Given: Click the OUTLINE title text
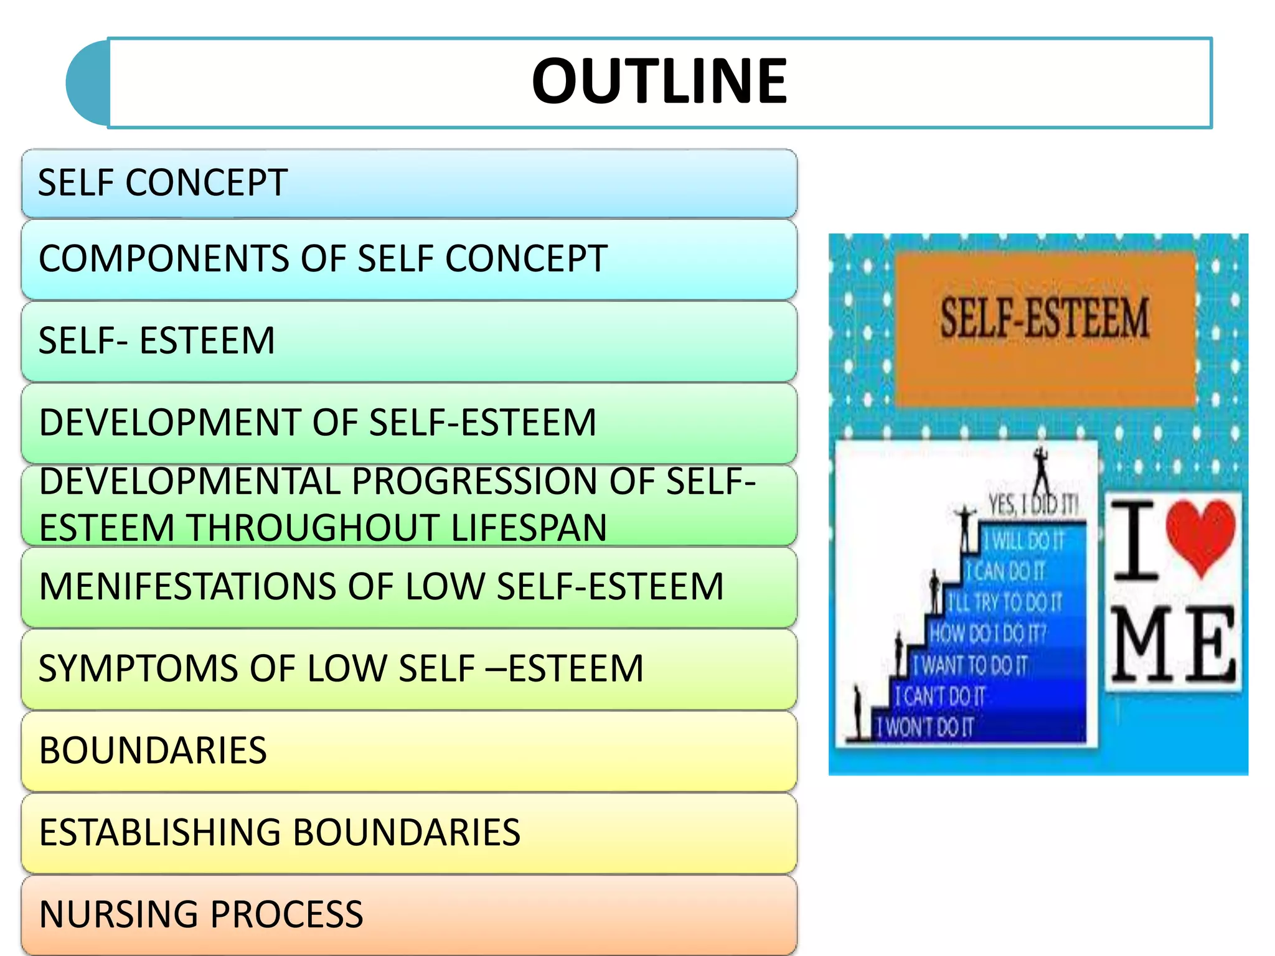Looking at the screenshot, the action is [659, 81].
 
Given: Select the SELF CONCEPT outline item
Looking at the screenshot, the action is [162, 183].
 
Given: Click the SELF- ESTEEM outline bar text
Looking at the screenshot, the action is [156, 341].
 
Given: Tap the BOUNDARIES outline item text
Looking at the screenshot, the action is [153, 751].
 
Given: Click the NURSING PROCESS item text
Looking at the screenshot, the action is [200, 914].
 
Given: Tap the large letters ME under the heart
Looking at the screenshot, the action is [1173, 645].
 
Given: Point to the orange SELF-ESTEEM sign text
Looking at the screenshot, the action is [1044, 319].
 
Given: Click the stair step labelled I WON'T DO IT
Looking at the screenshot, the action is [924, 727].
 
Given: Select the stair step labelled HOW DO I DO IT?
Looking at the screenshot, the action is [987, 634].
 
